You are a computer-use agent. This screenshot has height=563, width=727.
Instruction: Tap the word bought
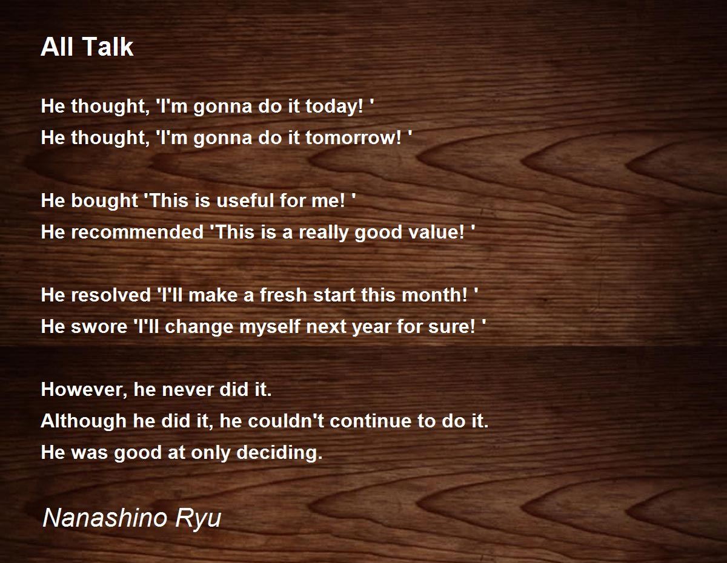pos(104,201)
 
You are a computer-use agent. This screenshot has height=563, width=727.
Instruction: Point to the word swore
pos(99,327)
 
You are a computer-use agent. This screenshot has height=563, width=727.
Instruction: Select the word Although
pos(84,421)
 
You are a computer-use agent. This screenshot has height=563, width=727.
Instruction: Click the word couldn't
pos(286,421)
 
